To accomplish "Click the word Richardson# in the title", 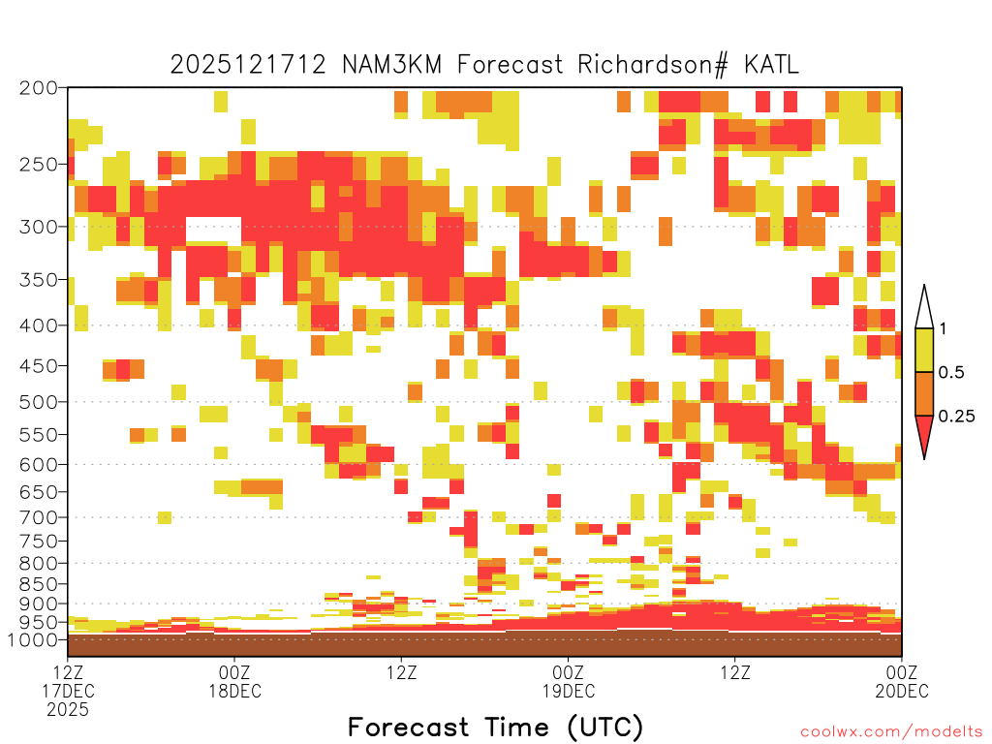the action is (x=652, y=65).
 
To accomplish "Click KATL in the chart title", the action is (x=771, y=65).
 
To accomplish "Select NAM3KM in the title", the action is (x=391, y=65).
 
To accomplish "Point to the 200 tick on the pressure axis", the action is (x=38, y=88).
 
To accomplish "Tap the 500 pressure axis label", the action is (x=38, y=402).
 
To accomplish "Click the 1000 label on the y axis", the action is (x=33, y=639).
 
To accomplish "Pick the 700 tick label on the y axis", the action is (x=38, y=517).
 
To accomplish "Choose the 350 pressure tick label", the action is (x=38, y=280).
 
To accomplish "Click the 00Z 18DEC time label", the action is (x=234, y=681).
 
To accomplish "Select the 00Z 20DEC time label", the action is (x=902, y=681).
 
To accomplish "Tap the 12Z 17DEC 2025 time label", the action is (x=68, y=691).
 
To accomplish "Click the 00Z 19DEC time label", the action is (x=568, y=681).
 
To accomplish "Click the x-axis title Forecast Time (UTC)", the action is (x=495, y=728).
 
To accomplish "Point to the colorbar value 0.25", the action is (x=956, y=417).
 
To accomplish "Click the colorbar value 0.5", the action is (x=951, y=373).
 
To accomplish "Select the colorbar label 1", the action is (x=944, y=329).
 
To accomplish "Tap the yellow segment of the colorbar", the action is (x=924, y=350).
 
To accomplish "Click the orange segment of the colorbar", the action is (x=924, y=393).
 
